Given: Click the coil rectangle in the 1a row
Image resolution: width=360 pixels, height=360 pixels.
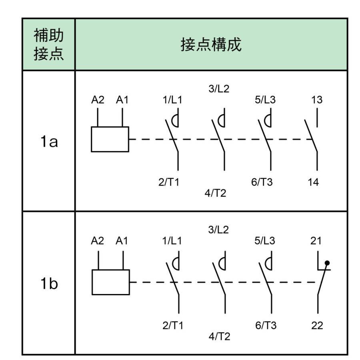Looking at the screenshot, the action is click(x=110, y=139).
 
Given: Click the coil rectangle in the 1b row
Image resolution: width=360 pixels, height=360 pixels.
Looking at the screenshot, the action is click(x=110, y=282).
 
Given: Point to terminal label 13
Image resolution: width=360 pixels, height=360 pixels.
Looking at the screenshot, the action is click(x=317, y=100).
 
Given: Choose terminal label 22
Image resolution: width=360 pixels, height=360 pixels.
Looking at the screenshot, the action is click(x=317, y=325).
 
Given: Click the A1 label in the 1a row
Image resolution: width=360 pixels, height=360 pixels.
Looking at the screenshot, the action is click(x=122, y=100).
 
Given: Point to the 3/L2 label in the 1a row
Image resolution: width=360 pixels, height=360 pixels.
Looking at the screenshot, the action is click(x=218, y=89).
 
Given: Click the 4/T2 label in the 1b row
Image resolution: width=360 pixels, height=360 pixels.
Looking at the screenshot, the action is click(x=218, y=336).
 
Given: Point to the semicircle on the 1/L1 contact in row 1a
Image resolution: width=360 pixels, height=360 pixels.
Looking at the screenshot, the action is click(x=174, y=120).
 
